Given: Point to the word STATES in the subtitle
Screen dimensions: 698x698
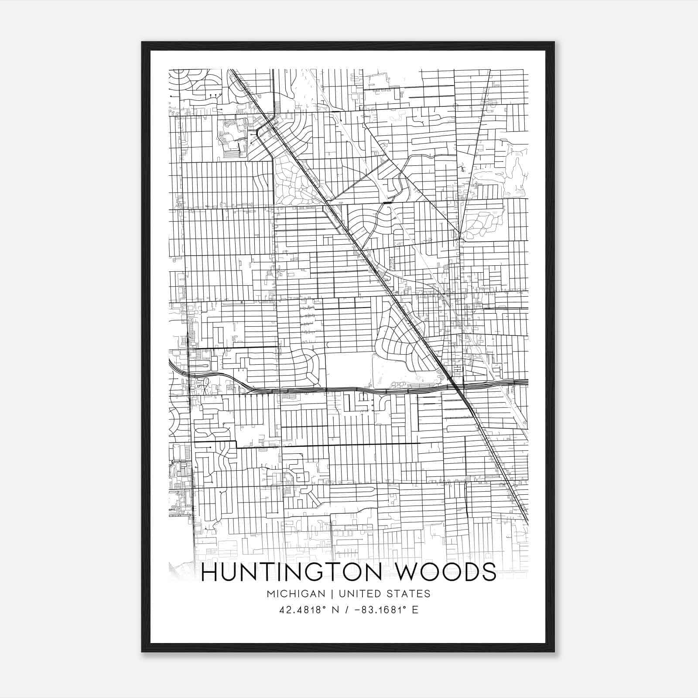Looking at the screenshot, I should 408,594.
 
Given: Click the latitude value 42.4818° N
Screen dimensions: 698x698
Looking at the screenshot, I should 308,610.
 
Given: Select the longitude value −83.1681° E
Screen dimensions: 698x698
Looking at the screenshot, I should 383,610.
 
